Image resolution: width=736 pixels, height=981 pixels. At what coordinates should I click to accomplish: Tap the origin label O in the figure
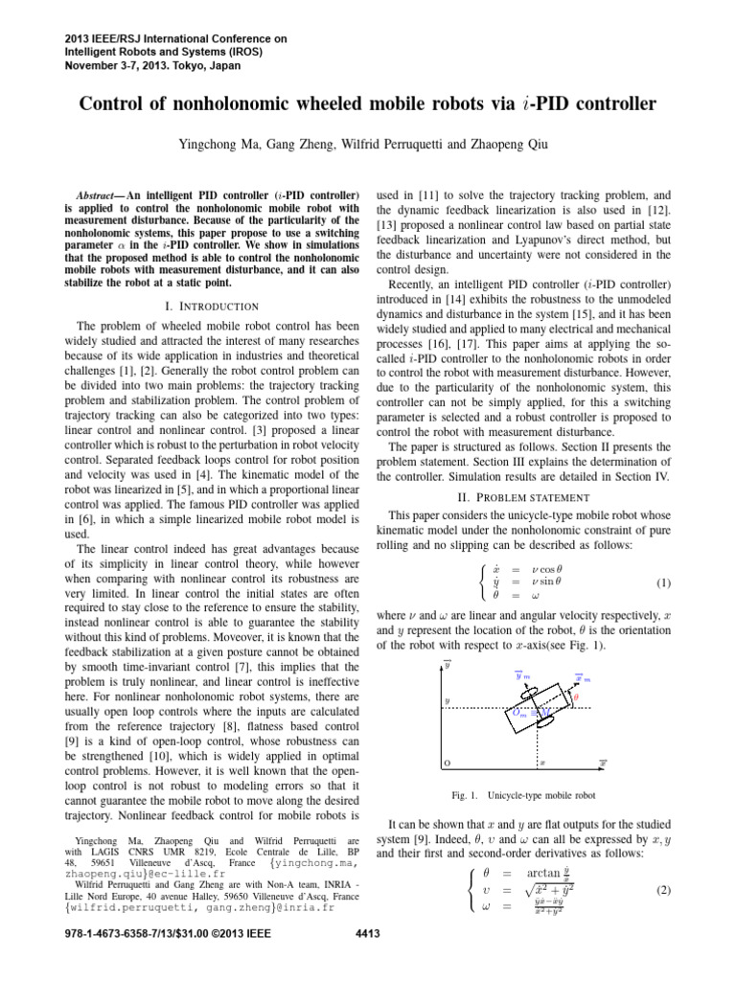[x=448, y=763]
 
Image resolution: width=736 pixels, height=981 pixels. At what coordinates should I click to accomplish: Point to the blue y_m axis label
[x=522, y=676]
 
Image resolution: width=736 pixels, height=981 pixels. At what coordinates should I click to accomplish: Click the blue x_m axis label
[x=581, y=678]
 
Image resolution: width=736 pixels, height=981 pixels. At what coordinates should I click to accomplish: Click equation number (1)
[x=666, y=582]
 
